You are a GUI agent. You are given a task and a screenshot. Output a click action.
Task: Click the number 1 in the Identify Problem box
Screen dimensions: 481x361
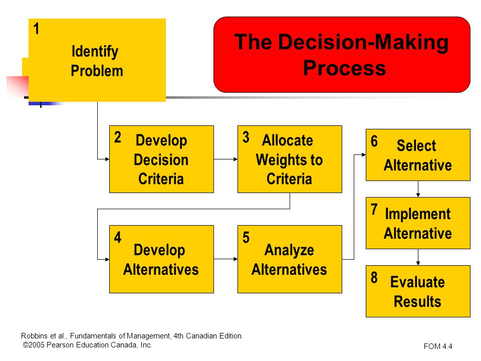(x=36, y=29)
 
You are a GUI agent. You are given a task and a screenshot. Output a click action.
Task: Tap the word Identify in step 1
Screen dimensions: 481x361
(x=95, y=51)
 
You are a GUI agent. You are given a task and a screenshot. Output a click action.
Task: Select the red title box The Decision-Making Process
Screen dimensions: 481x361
(x=342, y=55)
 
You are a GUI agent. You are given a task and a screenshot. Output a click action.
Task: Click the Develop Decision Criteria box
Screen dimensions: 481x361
(x=161, y=159)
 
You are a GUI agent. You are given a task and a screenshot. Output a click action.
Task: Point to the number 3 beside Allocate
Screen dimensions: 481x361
(x=246, y=137)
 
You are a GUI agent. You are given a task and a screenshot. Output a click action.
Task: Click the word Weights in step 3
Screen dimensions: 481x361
(x=279, y=159)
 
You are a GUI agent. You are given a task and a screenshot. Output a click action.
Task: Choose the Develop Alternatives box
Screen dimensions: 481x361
(x=161, y=259)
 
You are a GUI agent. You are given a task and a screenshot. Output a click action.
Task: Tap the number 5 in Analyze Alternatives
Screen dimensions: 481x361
(x=246, y=238)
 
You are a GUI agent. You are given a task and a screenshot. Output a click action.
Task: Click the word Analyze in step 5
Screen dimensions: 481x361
(x=289, y=250)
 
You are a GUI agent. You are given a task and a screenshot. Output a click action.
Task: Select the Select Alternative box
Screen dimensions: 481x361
(x=418, y=155)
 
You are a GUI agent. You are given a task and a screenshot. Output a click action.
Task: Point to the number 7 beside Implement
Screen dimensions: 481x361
(x=374, y=210)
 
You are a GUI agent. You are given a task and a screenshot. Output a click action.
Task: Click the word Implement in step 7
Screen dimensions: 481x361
(x=418, y=214)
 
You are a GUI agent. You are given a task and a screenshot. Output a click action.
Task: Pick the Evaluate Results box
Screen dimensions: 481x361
(x=418, y=291)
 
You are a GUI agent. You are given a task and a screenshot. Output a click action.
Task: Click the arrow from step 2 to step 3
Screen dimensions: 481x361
(x=226, y=159)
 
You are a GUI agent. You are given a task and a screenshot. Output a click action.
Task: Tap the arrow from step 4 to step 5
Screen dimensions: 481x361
(x=226, y=259)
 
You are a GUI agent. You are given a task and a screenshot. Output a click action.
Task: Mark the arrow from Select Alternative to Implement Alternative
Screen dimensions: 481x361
(x=418, y=189)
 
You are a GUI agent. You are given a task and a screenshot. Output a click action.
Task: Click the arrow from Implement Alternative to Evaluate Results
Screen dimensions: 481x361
(x=418, y=257)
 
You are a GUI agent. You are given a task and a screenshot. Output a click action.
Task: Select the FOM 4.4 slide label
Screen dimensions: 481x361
(x=438, y=346)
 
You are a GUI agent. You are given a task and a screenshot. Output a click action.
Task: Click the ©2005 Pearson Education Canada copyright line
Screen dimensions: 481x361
(x=88, y=345)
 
